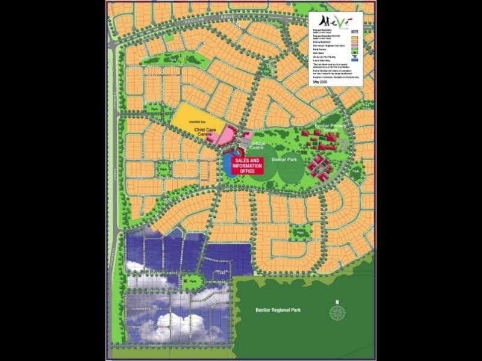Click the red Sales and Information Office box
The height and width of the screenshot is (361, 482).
click(247, 165)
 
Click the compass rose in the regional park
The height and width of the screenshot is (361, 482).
click(339, 312)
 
